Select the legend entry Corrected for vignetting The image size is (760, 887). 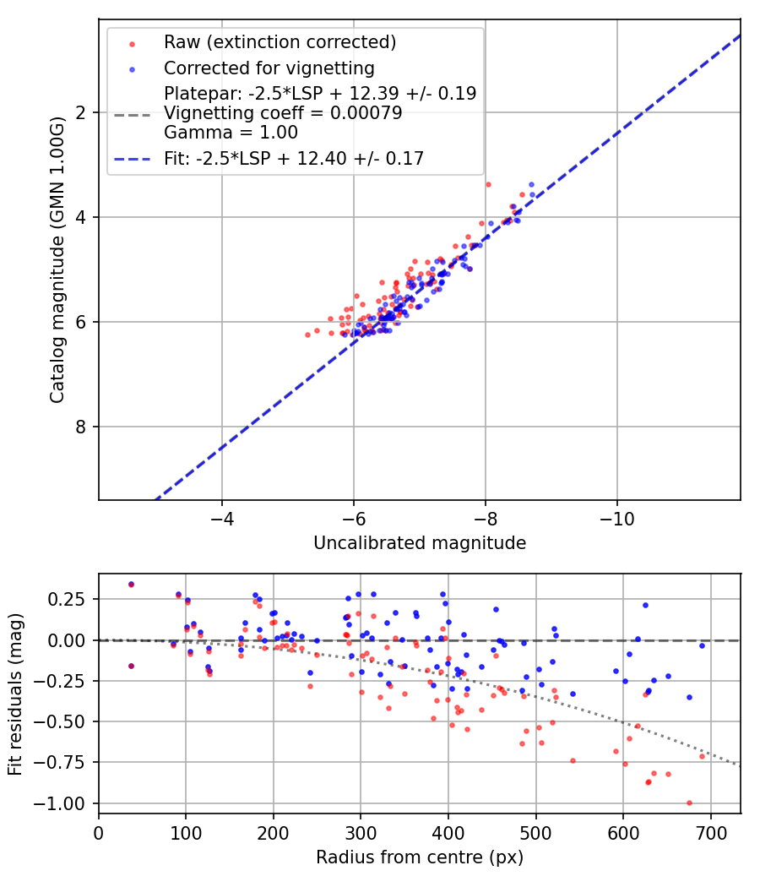click(269, 68)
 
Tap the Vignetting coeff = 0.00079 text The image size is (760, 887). click(283, 112)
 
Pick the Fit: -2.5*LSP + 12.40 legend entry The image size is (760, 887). click(294, 158)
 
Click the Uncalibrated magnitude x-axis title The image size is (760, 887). click(420, 543)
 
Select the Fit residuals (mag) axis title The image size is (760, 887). click(15, 694)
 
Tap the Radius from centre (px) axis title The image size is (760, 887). click(420, 857)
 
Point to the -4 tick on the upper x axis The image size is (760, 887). click(222, 517)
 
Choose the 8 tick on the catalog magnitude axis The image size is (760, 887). click(83, 427)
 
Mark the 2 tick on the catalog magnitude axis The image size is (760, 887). click(83, 112)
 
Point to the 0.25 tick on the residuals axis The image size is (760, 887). click(71, 599)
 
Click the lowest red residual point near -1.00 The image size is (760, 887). click(689, 803)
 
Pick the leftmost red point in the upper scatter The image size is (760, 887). click(307, 335)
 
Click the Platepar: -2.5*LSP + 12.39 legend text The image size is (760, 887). click(320, 93)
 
